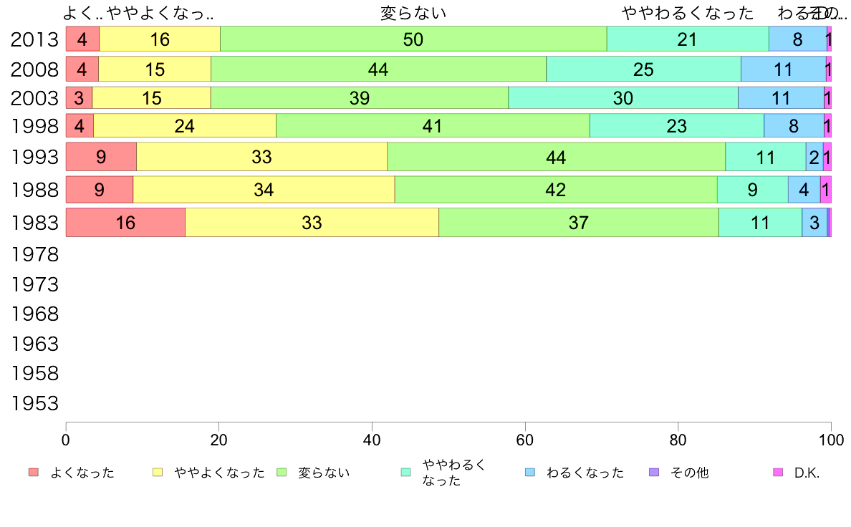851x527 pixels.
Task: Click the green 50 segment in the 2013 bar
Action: pos(413,39)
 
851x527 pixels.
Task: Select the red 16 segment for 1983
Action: pos(125,223)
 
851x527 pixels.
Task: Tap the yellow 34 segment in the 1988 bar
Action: pos(264,190)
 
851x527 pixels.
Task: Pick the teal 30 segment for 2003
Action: pos(622,98)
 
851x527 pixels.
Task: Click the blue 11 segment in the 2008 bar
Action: pos(783,69)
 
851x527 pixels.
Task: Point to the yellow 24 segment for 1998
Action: pos(185,126)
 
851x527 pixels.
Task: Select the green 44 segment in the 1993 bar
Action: pos(556,157)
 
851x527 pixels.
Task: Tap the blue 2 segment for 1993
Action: pos(814,157)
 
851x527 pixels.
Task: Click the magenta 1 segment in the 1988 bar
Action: pos(826,190)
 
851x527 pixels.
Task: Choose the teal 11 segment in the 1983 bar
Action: pos(760,223)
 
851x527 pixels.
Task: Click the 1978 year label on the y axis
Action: pos(34,254)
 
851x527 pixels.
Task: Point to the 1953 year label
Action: pos(34,404)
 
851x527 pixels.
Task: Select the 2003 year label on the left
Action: pos(34,98)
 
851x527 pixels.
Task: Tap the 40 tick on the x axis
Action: pos(372,438)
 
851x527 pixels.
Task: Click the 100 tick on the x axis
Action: pos(831,438)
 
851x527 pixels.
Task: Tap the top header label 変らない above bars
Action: pos(413,13)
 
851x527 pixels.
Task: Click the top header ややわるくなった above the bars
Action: pos(688,13)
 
